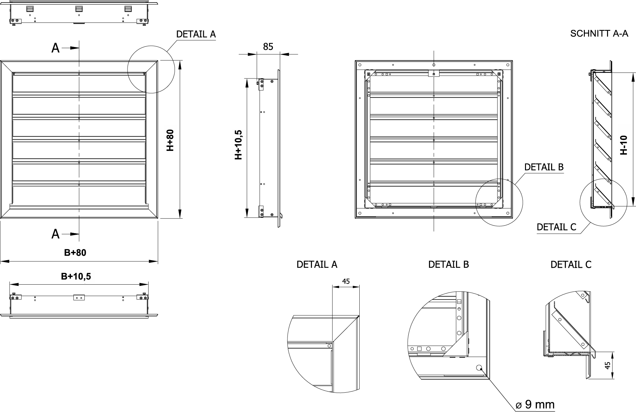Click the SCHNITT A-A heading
[x=599, y=33]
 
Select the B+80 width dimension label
[x=75, y=253]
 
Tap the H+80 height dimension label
[x=170, y=140]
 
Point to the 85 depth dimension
[x=268, y=47]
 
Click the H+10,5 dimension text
[x=238, y=145]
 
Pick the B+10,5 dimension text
[x=76, y=276]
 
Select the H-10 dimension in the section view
[x=624, y=145]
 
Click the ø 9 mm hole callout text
[x=535, y=404]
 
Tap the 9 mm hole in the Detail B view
[x=479, y=368]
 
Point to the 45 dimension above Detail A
[x=346, y=281]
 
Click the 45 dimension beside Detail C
[x=608, y=365]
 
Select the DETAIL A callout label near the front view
[x=196, y=34]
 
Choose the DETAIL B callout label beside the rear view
[x=544, y=167]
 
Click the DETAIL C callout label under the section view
[x=556, y=227]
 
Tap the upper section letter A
[x=55, y=48]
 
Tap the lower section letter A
[x=55, y=234]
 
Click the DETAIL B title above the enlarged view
[x=448, y=265]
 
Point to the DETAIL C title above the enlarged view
[x=571, y=265]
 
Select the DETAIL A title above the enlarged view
[x=317, y=265]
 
